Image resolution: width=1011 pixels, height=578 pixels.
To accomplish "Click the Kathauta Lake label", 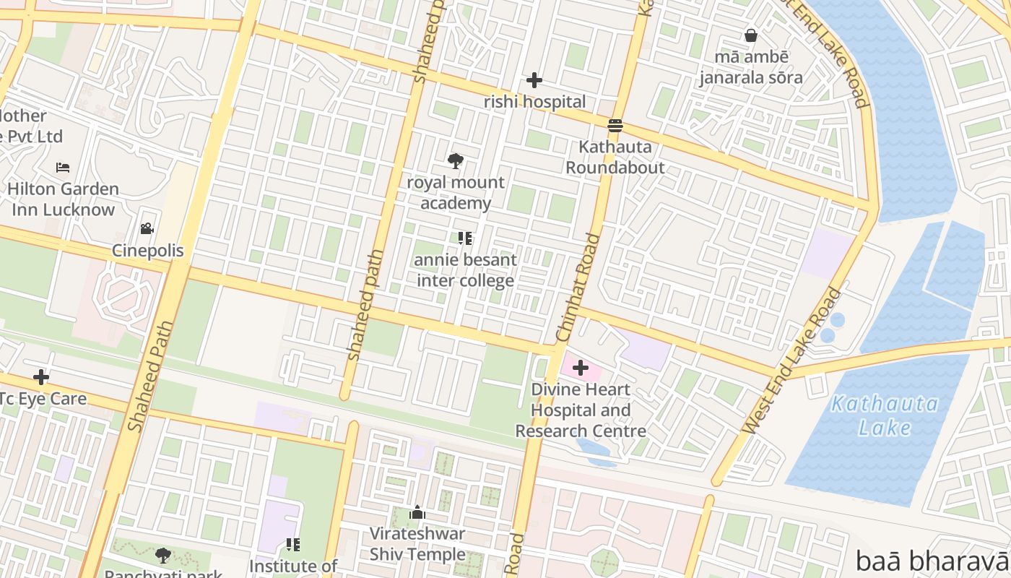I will tap(884, 415).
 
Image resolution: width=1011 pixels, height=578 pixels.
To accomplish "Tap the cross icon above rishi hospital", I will tap(534, 80).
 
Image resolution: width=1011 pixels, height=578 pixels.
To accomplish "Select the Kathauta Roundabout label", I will tap(615, 158).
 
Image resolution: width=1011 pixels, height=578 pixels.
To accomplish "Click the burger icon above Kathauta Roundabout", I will tap(615, 126).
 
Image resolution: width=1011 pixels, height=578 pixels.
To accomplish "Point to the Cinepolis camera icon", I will tap(147, 229).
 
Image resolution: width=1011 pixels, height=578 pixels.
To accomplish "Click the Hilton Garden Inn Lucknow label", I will tap(63, 199).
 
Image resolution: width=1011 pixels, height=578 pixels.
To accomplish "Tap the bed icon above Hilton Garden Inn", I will tap(63, 168).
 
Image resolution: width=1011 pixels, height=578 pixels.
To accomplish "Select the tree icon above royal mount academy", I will tap(455, 161).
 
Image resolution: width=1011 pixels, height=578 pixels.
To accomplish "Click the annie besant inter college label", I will tap(466, 270).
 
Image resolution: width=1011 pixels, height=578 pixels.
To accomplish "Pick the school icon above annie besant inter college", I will tap(465, 238).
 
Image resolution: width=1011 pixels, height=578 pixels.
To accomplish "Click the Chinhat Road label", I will tap(578, 288).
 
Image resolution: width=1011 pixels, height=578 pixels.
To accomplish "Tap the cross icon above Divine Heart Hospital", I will tap(580, 368).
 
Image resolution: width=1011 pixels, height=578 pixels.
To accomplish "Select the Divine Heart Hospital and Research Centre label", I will tap(580, 410).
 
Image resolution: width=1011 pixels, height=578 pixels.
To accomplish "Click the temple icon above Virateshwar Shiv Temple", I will tap(417, 513).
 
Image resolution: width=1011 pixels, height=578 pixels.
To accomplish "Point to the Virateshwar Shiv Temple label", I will tap(417, 544).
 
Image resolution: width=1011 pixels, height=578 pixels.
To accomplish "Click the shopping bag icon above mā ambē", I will tap(751, 35).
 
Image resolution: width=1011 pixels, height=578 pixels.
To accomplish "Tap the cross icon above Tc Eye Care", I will tap(41, 376).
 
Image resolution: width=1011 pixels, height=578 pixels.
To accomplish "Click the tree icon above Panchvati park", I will tap(163, 555).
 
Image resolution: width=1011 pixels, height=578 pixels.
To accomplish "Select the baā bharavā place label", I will tap(932, 561).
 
